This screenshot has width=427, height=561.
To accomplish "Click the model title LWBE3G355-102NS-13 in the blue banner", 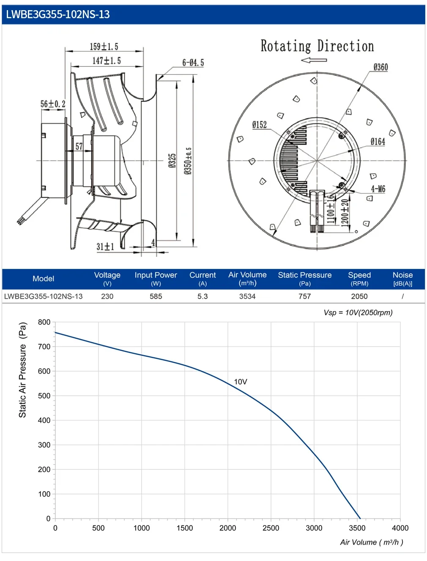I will pyautogui.click(x=58, y=14).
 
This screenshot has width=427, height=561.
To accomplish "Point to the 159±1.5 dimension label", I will pyautogui.click(x=104, y=47).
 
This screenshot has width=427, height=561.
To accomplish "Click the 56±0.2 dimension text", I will pyautogui.click(x=53, y=104).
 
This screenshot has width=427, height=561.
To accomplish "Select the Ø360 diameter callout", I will pyautogui.click(x=380, y=67).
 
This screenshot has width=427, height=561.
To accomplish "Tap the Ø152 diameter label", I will pyautogui.click(x=259, y=125).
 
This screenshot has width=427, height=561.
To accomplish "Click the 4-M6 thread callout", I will pyautogui.click(x=378, y=189).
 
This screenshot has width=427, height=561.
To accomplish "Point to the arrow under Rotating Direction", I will pyautogui.click(x=314, y=60).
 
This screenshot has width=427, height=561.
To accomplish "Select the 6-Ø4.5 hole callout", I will pyautogui.click(x=193, y=63).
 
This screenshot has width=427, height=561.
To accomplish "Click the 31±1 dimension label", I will pyautogui.click(x=105, y=246).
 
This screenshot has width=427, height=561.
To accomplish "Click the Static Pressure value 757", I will pyautogui.click(x=304, y=296).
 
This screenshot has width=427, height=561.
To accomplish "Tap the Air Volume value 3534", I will pyautogui.click(x=247, y=296).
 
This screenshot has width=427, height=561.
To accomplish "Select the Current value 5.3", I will pyautogui.click(x=203, y=296).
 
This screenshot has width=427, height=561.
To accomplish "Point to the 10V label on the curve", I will pyautogui.click(x=241, y=382).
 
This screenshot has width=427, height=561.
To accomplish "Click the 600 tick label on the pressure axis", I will pyautogui.click(x=44, y=371).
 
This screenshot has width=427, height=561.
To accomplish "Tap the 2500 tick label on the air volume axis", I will pyautogui.click(x=271, y=528).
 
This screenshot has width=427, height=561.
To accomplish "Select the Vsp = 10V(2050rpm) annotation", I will pyautogui.click(x=358, y=313).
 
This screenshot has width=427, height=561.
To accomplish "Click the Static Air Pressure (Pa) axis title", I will pyautogui.click(x=23, y=370).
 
